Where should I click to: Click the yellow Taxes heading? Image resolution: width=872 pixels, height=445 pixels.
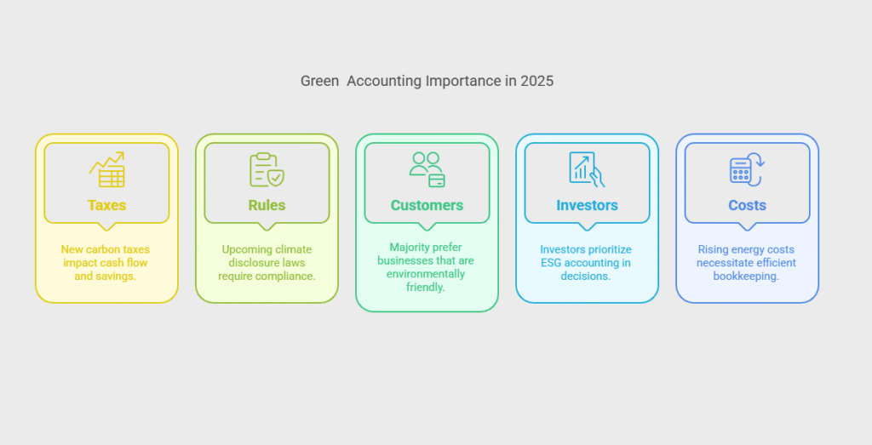(x=106, y=205)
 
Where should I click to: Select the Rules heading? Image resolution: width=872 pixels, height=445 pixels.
(x=267, y=205)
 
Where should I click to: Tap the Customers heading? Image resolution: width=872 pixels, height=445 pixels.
(x=427, y=205)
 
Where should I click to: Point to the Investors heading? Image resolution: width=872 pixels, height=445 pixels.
(x=588, y=205)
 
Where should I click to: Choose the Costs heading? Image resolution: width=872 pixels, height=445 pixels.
(x=748, y=205)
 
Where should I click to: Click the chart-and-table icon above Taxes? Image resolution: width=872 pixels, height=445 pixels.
(x=106, y=169)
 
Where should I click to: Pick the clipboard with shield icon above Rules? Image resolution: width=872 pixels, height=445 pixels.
(x=267, y=169)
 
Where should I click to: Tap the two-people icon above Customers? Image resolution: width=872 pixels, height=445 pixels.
(x=427, y=169)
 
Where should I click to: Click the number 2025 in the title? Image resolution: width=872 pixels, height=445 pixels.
(x=537, y=81)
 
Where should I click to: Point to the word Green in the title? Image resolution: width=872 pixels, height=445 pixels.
(x=320, y=81)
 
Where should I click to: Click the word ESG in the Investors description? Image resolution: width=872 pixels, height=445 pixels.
(x=551, y=263)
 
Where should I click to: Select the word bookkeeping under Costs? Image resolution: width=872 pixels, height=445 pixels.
(x=746, y=277)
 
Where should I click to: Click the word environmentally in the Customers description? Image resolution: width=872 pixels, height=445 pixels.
(x=426, y=274)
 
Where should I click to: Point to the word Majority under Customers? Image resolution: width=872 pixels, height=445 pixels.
(x=410, y=248)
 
